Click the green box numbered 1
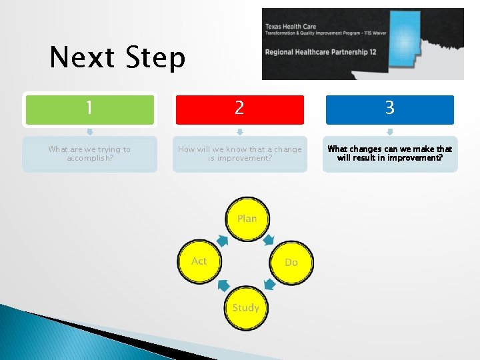90,109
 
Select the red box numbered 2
240,109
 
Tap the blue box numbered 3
390,109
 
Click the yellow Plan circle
247,219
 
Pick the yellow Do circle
291,263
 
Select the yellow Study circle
246,307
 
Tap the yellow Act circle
200,261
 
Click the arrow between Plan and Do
269,239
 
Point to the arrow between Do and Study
269,285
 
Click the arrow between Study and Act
224,285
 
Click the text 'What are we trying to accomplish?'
90,154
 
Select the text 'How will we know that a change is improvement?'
240,154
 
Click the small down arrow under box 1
90,131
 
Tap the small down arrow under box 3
390,131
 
